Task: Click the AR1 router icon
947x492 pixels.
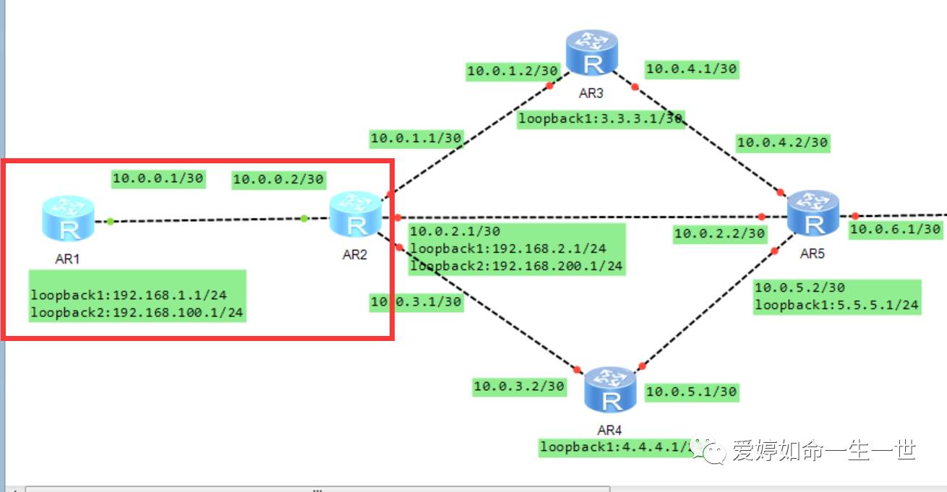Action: (x=68, y=220)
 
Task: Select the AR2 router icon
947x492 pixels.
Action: (x=355, y=215)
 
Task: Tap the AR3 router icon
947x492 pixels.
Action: (x=592, y=53)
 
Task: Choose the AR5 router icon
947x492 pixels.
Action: (x=813, y=214)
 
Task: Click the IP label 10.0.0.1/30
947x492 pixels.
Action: (x=158, y=178)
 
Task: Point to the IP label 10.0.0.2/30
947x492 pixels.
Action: (x=278, y=180)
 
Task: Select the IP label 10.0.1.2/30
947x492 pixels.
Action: (x=513, y=70)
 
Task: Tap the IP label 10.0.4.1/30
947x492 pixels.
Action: (x=691, y=69)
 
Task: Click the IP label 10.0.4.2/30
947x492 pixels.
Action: (x=782, y=142)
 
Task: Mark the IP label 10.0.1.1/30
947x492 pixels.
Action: (x=416, y=138)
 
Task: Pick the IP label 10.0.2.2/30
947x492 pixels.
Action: (x=719, y=233)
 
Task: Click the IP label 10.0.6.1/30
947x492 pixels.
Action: (x=895, y=229)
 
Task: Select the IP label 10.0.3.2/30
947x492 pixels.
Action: (x=518, y=387)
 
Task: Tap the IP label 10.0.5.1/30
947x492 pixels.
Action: (x=691, y=392)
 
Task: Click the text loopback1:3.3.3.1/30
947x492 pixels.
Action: (x=600, y=119)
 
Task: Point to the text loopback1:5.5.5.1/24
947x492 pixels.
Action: (x=836, y=305)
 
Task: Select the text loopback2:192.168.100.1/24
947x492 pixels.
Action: (x=137, y=313)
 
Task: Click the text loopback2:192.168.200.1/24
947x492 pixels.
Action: (x=516, y=266)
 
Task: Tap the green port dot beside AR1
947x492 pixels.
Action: (x=110, y=221)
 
